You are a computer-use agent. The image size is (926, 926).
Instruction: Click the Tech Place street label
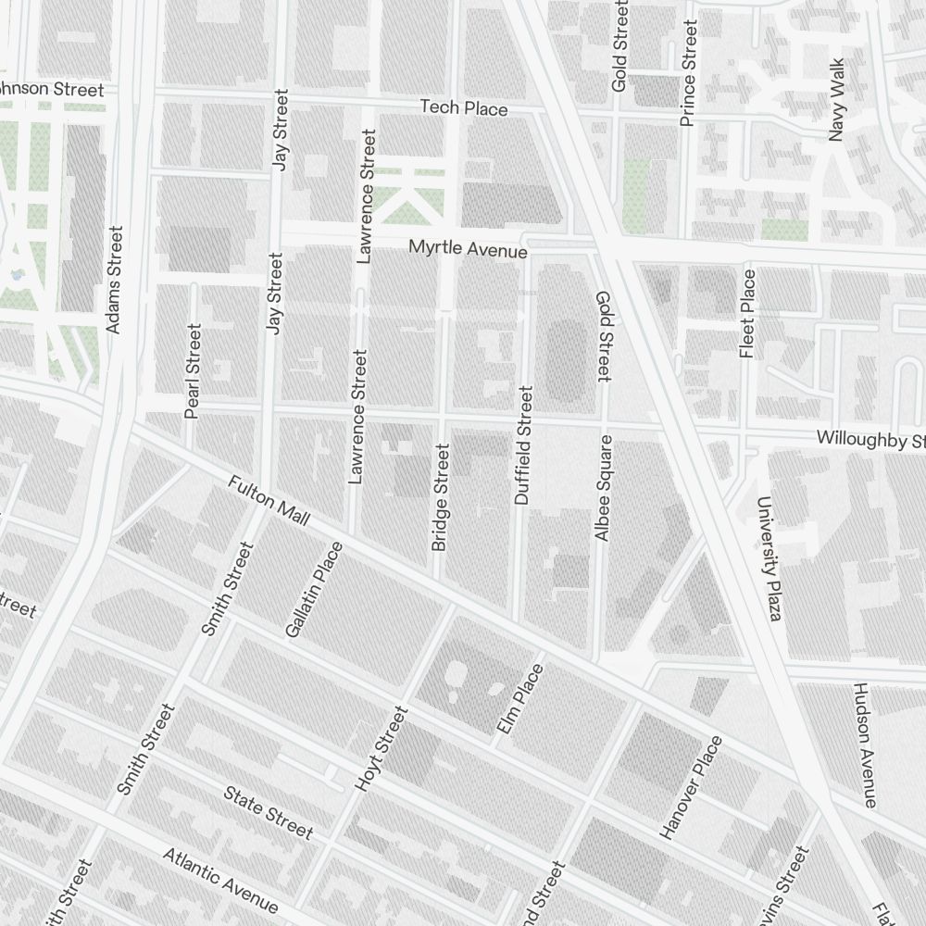click(464, 108)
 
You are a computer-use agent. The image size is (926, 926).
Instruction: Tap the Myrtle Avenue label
click(469, 249)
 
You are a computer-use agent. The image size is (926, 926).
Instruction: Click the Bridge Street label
click(441, 497)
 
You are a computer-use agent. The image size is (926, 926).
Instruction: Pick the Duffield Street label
click(524, 445)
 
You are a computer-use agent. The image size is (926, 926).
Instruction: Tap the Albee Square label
click(604, 488)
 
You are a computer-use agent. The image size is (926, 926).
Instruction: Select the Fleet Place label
click(747, 313)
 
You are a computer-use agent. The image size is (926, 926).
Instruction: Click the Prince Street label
click(687, 63)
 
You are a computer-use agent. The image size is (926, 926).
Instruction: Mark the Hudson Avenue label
click(864, 745)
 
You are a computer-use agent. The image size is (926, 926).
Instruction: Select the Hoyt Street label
click(381, 748)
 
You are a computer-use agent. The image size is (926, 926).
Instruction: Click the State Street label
click(269, 812)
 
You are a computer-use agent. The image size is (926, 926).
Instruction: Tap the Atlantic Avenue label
click(220, 880)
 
